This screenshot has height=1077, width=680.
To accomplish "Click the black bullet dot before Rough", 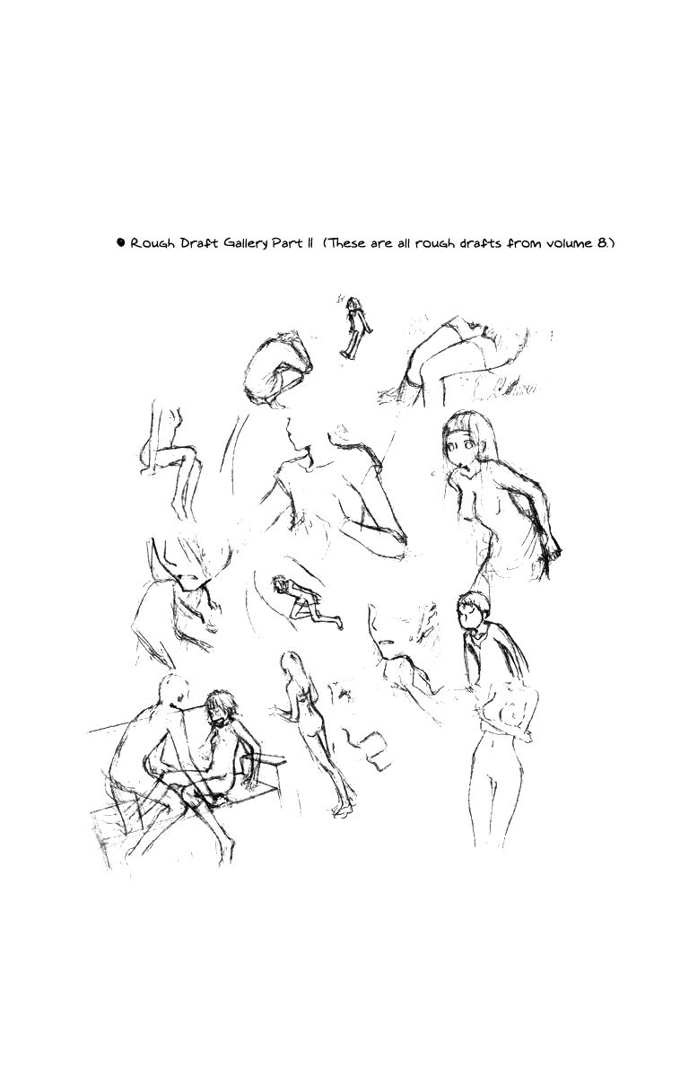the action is tap(120, 241).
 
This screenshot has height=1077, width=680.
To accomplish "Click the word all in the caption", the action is tap(403, 243).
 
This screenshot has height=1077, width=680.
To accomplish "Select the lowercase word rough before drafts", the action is tap(434, 244).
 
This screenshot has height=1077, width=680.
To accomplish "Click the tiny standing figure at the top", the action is tap(355, 327).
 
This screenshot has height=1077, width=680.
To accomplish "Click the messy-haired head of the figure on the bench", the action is tap(221, 707).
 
